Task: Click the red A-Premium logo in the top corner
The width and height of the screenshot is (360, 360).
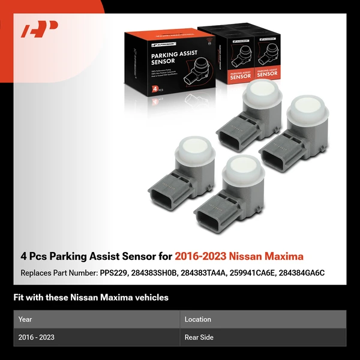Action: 40,29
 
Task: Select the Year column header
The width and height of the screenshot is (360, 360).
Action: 25,319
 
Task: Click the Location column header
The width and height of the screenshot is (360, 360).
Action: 197,319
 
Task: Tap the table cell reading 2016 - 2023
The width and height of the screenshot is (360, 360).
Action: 37,337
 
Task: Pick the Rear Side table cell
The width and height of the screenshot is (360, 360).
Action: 199,337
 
